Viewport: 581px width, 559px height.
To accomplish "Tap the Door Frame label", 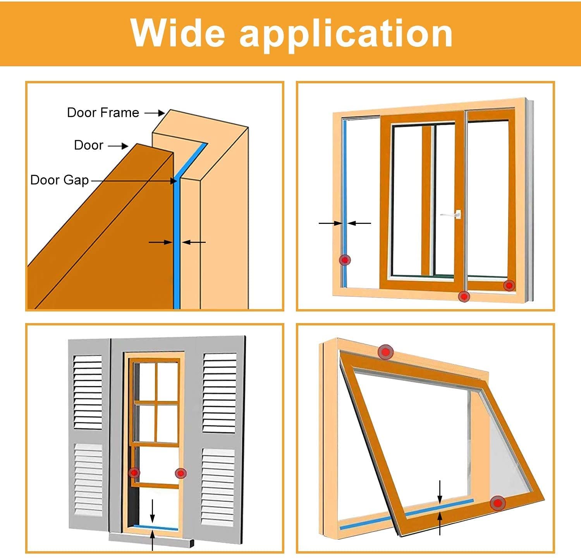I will [x=103, y=113].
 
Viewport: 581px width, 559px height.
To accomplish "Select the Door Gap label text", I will [x=60, y=180].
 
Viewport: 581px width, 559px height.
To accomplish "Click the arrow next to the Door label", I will [x=118, y=146].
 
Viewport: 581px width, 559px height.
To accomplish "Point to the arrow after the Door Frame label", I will [x=155, y=113].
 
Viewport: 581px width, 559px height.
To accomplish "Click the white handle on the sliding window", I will [x=453, y=214].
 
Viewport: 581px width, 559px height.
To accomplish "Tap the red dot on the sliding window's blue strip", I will [x=345, y=260].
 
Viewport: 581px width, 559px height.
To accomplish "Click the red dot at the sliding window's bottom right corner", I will [x=509, y=286].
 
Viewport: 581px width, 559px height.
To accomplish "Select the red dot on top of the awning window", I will [x=385, y=352].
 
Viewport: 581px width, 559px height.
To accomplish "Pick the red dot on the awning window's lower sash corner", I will [x=498, y=503].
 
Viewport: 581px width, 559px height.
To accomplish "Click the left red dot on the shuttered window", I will [x=134, y=473].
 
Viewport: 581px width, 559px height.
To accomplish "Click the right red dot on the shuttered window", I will [x=180, y=473].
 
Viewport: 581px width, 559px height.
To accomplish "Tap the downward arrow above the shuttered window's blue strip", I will [x=153, y=511].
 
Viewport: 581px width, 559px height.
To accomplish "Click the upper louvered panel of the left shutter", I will [x=88, y=391].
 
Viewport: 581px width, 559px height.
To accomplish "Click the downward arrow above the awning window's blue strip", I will [x=440, y=492].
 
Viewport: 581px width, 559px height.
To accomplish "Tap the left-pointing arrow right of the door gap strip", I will [x=194, y=243].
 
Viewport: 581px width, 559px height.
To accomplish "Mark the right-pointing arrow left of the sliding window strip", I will [x=330, y=223].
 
